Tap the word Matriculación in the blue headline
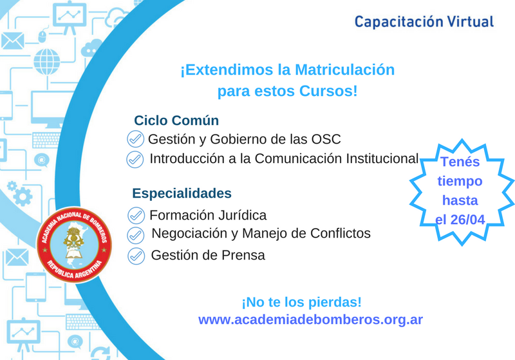pos(345,70)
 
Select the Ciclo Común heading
pos(176,120)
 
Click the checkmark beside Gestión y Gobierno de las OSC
pos(135,139)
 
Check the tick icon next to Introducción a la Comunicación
pos(135,160)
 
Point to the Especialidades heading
pos(182,193)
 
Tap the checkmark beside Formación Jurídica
pos(136,216)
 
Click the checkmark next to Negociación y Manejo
pos(136,235)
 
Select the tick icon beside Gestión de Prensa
pos(136,256)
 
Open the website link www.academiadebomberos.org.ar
pos(310,319)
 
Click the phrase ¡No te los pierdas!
pos(301,302)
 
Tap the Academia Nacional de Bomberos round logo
pos(74,245)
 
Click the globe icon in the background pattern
pos(47,62)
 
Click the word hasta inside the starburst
pos(460,200)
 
